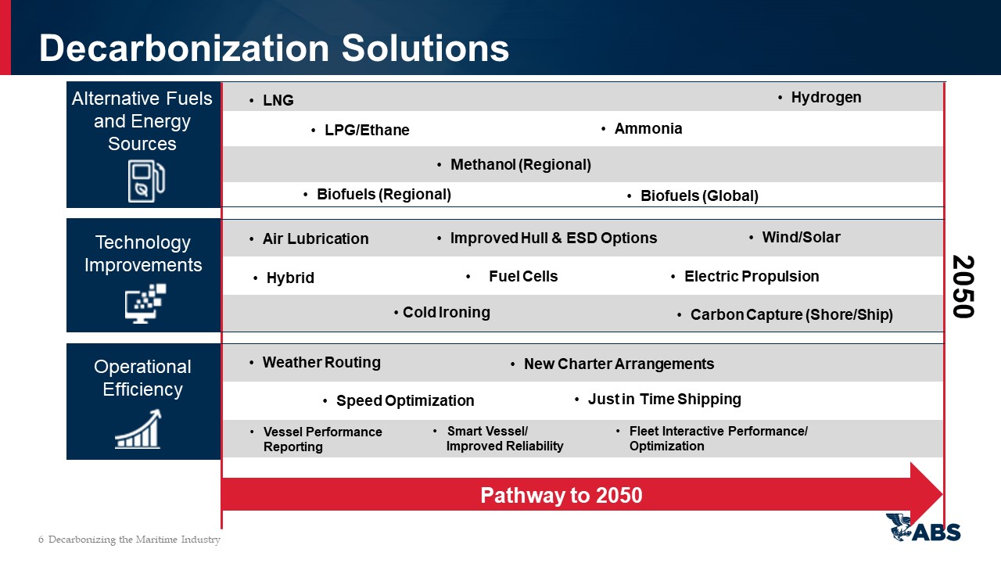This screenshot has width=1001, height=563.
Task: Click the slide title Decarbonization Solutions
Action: pyautogui.click(x=274, y=48)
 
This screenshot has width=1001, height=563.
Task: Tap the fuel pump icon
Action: pyautogui.click(x=146, y=181)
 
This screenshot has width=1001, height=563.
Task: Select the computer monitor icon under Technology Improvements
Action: pyautogui.click(x=145, y=303)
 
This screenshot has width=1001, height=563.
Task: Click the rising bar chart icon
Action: pyautogui.click(x=138, y=429)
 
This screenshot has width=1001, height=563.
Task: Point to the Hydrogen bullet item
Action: pyautogui.click(x=826, y=98)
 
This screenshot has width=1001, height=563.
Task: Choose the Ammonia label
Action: pyautogui.click(x=648, y=129)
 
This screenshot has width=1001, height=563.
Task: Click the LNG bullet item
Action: pyautogui.click(x=278, y=100)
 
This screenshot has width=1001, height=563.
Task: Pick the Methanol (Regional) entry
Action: pyautogui.click(x=521, y=164)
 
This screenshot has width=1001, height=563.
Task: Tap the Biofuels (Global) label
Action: pyautogui.click(x=699, y=195)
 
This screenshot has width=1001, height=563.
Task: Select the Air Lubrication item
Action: pyautogui.click(x=315, y=238)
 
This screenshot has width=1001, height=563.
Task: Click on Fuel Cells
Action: pyautogui.click(x=523, y=276)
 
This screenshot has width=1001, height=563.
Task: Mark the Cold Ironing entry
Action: pyautogui.click(x=447, y=312)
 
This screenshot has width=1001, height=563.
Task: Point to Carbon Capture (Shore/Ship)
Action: pyautogui.click(x=791, y=314)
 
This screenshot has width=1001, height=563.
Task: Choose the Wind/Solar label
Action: pyautogui.click(x=801, y=237)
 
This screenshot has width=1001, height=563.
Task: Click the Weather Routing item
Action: pyautogui.click(x=321, y=362)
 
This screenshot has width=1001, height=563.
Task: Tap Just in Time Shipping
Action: pyautogui.click(x=665, y=399)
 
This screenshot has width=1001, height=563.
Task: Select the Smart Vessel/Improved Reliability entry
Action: pyautogui.click(x=505, y=439)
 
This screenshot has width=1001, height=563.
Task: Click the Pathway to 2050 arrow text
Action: pyautogui.click(x=561, y=495)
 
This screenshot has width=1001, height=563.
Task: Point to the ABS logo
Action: pyautogui.click(x=924, y=527)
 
